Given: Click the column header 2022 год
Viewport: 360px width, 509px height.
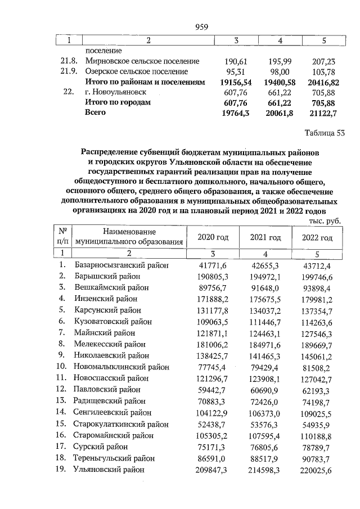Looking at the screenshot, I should (318, 237).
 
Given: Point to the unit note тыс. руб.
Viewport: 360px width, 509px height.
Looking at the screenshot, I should (325, 221).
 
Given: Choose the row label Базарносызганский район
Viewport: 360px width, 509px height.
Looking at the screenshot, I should (121, 265).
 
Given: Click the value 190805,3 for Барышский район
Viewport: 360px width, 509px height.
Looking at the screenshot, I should (213, 277).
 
